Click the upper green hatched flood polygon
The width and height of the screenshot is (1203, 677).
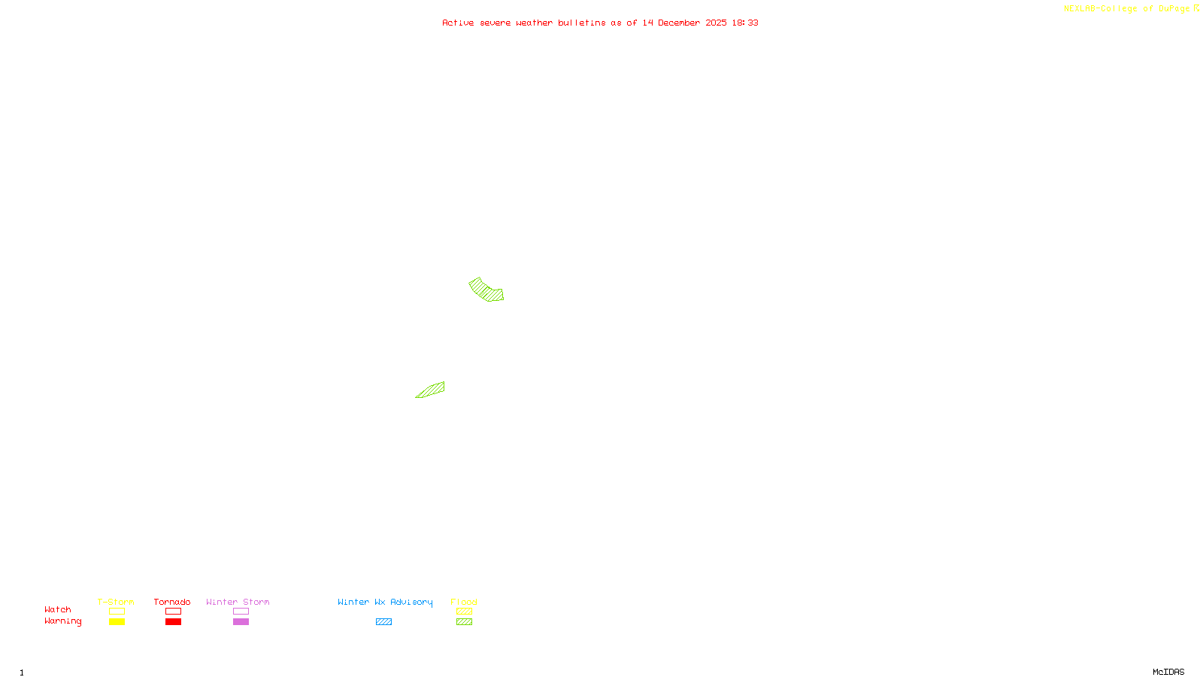[486, 290]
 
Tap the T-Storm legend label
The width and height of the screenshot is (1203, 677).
[116, 602]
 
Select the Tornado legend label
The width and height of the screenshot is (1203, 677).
[172, 602]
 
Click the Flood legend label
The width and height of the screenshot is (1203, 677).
[464, 602]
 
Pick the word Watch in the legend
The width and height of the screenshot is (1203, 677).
[58, 609]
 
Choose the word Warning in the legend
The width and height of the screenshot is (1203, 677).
[63, 621]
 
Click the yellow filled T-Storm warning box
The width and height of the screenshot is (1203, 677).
[117, 622]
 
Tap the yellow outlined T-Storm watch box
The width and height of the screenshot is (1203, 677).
[117, 612]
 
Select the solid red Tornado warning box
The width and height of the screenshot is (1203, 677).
[174, 622]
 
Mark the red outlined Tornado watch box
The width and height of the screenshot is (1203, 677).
[174, 612]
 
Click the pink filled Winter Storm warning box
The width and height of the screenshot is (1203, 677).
[241, 622]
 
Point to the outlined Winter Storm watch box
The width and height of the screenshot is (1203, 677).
[241, 612]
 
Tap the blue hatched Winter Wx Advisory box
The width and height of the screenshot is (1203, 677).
[383, 622]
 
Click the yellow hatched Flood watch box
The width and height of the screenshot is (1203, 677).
[464, 612]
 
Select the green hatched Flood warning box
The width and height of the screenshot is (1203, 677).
[464, 622]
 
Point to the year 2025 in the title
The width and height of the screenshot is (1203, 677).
[716, 23]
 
